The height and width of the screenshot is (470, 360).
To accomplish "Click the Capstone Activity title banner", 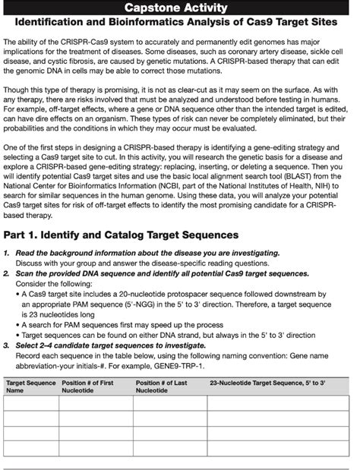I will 179,8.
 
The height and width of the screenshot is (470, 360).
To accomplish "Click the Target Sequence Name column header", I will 30,386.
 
